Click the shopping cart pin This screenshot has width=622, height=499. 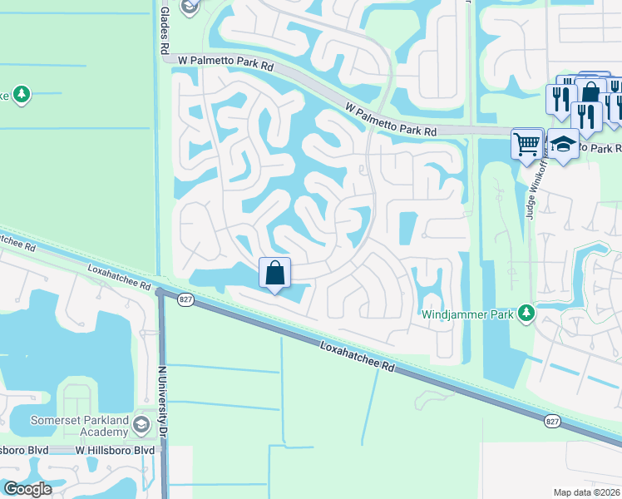(527, 144)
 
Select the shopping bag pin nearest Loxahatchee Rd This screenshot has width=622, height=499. (275, 273)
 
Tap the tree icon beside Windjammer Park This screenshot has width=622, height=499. (526, 314)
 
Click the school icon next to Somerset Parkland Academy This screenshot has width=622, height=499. (141, 427)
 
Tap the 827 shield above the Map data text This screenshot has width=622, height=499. (552, 422)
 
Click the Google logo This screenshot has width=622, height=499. (27, 489)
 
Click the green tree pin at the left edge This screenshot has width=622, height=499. (21, 95)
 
